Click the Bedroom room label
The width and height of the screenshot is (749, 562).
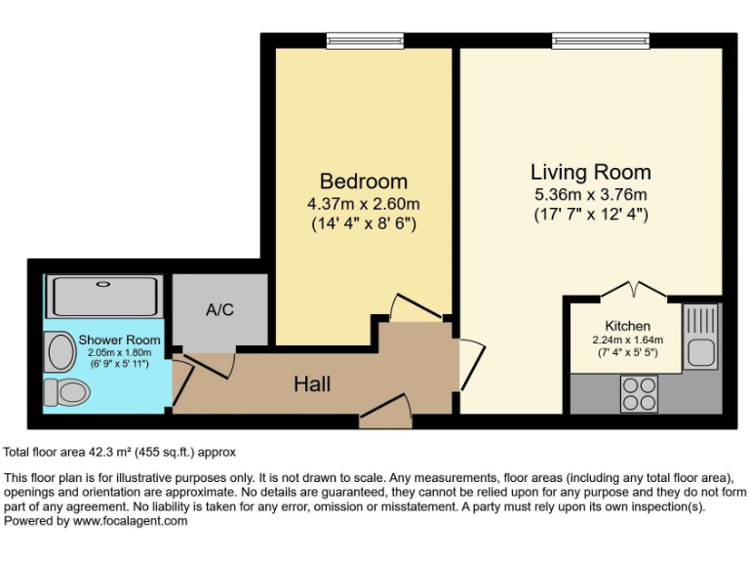(364, 181)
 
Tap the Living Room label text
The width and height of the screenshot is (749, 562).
(590, 172)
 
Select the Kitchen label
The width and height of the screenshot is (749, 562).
(627, 325)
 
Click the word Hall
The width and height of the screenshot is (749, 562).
(312, 384)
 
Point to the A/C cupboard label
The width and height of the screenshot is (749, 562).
(219, 310)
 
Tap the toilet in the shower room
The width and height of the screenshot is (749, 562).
(66, 392)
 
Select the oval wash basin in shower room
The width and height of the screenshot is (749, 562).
(61, 351)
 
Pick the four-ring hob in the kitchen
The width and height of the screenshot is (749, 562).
(640, 393)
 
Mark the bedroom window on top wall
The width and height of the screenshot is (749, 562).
(364, 41)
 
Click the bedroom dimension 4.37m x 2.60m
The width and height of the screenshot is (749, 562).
(364, 204)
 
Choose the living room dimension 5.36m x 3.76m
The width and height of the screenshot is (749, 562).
(590, 194)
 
